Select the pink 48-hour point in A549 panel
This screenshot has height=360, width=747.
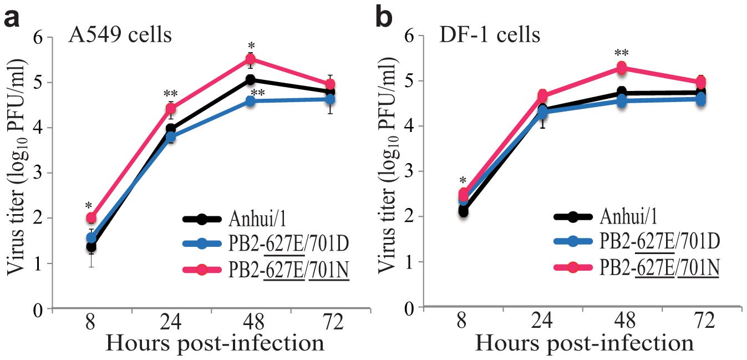click(x=250, y=59)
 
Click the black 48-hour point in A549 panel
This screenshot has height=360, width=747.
click(x=250, y=80)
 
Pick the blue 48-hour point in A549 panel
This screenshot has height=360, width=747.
click(x=250, y=102)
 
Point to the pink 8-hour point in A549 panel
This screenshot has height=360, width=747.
click(x=91, y=218)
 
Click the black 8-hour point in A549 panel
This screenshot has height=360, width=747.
click(x=91, y=246)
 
